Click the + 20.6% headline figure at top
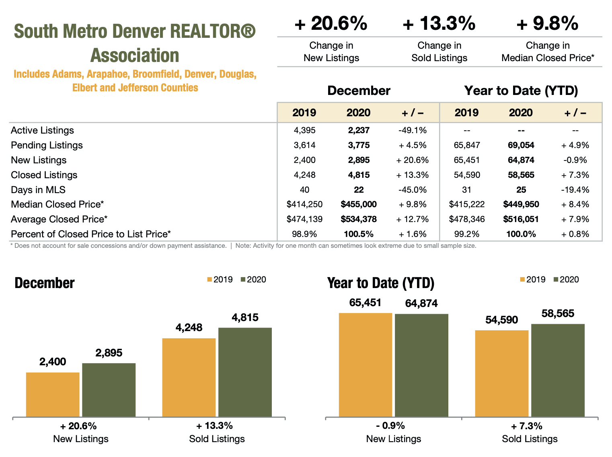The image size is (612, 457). (331, 23)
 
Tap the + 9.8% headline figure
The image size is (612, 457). (547, 23)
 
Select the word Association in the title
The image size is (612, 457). (135, 56)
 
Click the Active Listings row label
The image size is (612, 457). (42, 130)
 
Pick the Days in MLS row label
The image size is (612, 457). (38, 190)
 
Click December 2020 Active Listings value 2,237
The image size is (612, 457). (358, 130)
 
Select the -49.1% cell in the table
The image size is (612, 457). (412, 130)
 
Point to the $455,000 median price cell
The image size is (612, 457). (358, 204)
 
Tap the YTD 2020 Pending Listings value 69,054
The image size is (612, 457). (521, 145)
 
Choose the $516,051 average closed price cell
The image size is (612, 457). (521, 219)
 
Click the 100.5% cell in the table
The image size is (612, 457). (358, 234)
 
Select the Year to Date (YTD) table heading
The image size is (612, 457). (521, 91)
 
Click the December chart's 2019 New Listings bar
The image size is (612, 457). (53, 395)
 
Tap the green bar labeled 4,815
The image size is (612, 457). (245, 372)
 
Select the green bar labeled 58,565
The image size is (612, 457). (558, 370)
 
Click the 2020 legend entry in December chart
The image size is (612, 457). (253, 280)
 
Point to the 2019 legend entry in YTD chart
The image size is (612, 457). (533, 280)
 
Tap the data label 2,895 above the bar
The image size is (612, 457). (109, 353)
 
